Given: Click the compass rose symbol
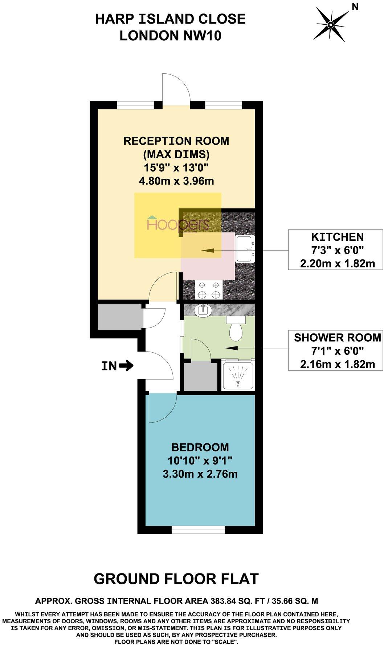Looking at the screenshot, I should (x=331, y=25).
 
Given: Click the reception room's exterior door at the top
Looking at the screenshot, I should (x=176, y=89).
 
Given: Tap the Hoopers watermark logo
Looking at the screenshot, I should (x=178, y=224).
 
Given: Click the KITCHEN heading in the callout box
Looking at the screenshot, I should (x=337, y=237).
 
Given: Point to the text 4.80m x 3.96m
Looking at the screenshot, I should (x=176, y=180).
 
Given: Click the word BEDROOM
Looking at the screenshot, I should (x=200, y=447).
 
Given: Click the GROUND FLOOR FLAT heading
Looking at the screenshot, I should (x=176, y=579).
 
